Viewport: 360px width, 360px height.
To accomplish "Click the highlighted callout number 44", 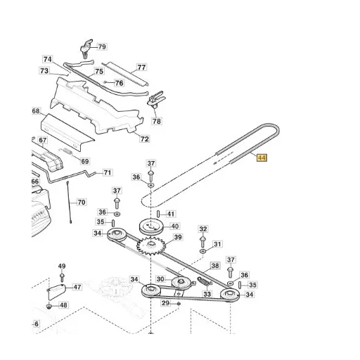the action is [x=262, y=157].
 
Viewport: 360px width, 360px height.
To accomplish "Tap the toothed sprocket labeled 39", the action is [x=151, y=246].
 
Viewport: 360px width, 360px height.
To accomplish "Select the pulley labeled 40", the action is [x=151, y=226].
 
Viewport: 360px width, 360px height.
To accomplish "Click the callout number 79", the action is [x=102, y=46].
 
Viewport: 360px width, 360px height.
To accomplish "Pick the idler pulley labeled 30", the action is [x=181, y=283].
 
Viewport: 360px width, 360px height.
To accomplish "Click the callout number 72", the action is [x=144, y=139].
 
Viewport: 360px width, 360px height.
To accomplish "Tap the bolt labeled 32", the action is [x=202, y=242].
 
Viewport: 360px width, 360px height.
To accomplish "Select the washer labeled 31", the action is [x=202, y=252].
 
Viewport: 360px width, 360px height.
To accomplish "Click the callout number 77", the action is [x=141, y=67].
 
